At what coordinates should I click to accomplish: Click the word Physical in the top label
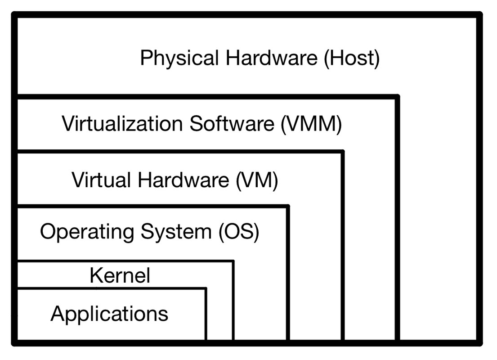[179, 59]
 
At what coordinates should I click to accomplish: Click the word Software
[231, 124]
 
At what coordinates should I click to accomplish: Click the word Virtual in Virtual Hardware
[101, 180]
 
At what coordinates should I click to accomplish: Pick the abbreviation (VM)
[257, 180]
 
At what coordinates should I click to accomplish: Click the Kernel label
[120, 275]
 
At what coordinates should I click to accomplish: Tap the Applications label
[109, 313]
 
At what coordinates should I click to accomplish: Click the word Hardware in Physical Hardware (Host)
[272, 59]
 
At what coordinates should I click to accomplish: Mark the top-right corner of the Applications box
[206, 288]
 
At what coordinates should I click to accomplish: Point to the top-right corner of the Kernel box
[233, 261]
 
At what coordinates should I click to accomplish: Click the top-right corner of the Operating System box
[288, 207]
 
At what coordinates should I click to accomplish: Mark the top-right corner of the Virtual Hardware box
[343, 152]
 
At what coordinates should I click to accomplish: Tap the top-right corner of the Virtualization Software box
[397, 96]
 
